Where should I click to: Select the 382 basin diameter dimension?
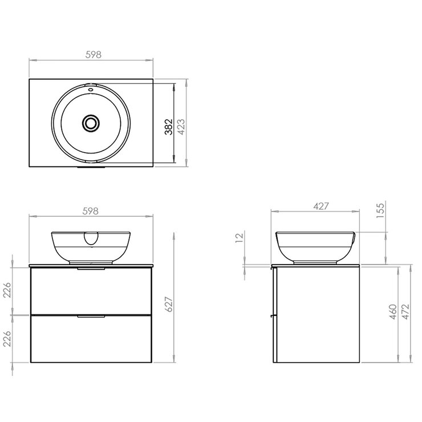[168, 126]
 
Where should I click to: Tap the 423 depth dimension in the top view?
[181, 126]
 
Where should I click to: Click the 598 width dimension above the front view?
[91, 210]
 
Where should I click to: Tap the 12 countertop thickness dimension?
[240, 239]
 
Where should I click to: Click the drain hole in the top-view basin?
[91, 123]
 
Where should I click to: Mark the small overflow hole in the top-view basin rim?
[91, 90]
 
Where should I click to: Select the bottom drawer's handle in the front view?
[91, 316]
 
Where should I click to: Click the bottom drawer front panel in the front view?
[91, 340]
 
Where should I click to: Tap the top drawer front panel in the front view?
[91, 291]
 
